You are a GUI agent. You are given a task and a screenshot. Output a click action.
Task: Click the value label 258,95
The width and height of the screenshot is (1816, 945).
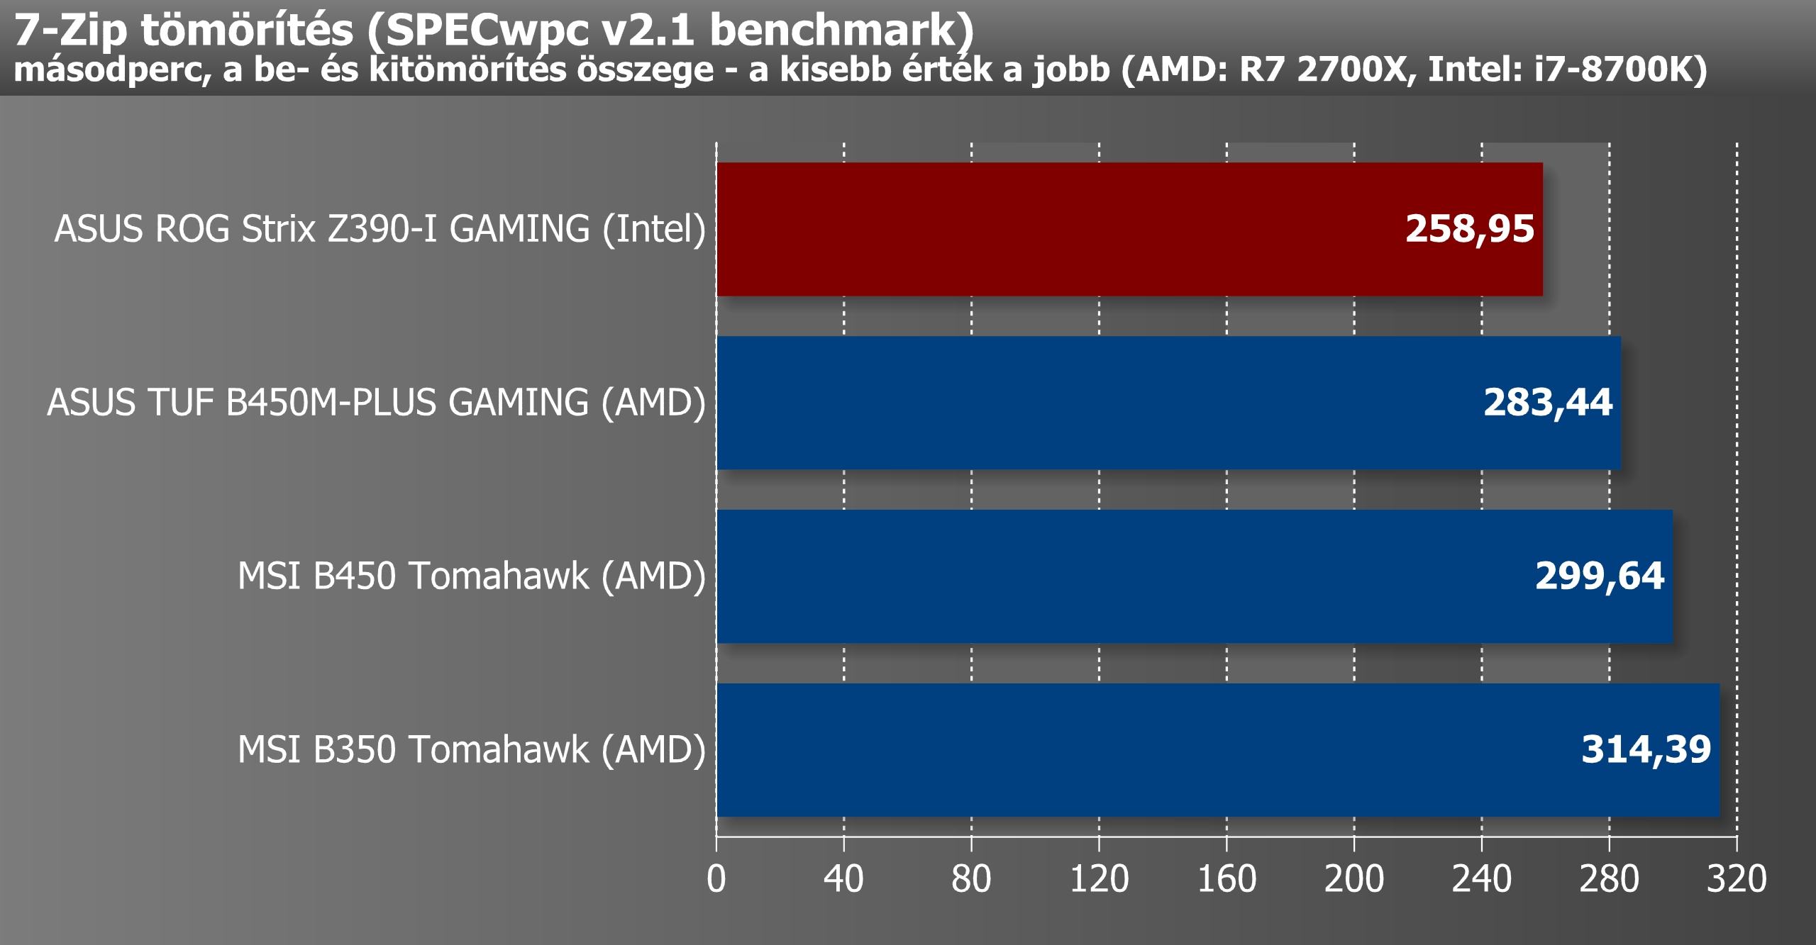point(1469,229)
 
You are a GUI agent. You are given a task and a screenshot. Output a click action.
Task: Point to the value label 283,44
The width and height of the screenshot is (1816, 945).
point(1548,403)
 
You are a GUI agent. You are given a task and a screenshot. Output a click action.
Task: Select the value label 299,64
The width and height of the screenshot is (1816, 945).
point(1599,576)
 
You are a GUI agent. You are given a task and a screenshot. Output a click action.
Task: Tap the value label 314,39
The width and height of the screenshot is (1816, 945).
point(1646,750)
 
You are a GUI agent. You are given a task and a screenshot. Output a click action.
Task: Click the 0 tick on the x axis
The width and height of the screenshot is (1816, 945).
point(716,879)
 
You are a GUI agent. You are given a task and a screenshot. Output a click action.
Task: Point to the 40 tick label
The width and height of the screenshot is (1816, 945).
point(843,879)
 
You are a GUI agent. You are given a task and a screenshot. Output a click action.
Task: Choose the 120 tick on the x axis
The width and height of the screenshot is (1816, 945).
point(1099,879)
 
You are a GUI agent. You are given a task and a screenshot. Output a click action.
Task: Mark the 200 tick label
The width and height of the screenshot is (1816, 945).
point(1353,879)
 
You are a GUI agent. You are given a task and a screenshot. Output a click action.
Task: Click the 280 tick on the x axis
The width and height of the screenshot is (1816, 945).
point(1609,879)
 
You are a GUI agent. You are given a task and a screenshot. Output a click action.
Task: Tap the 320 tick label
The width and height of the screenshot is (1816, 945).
point(1736,879)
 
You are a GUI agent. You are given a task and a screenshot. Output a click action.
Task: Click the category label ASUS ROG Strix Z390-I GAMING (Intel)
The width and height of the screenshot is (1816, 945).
point(380,229)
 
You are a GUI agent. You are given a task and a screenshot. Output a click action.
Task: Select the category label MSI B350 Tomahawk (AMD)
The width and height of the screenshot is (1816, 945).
point(472,750)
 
